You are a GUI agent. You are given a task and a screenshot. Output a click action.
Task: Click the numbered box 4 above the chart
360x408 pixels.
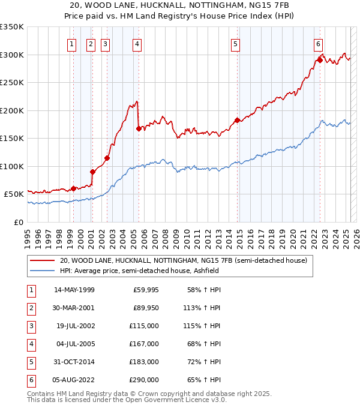tap(137, 43)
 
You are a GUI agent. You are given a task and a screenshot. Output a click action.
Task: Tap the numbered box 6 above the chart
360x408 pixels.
tap(317, 43)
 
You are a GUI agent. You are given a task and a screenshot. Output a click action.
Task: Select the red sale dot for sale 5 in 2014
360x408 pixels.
tap(237, 120)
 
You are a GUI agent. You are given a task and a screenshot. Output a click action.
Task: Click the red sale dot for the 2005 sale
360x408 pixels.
tap(139, 128)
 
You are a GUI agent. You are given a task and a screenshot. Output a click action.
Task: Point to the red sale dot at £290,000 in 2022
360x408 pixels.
tap(320, 60)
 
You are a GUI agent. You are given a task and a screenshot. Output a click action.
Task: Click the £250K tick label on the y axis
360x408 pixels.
tap(12, 83)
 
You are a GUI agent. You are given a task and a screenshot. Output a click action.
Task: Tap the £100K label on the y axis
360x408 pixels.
tap(12, 166)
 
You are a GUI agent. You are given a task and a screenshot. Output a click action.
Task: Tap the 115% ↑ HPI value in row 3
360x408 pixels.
tap(204, 326)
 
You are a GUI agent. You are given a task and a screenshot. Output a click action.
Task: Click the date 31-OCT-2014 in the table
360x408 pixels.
tap(74, 362)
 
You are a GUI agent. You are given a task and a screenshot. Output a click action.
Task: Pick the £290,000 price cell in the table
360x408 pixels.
tap(144, 380)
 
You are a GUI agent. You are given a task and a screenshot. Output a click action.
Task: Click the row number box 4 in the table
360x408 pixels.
tap(31, 344)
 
